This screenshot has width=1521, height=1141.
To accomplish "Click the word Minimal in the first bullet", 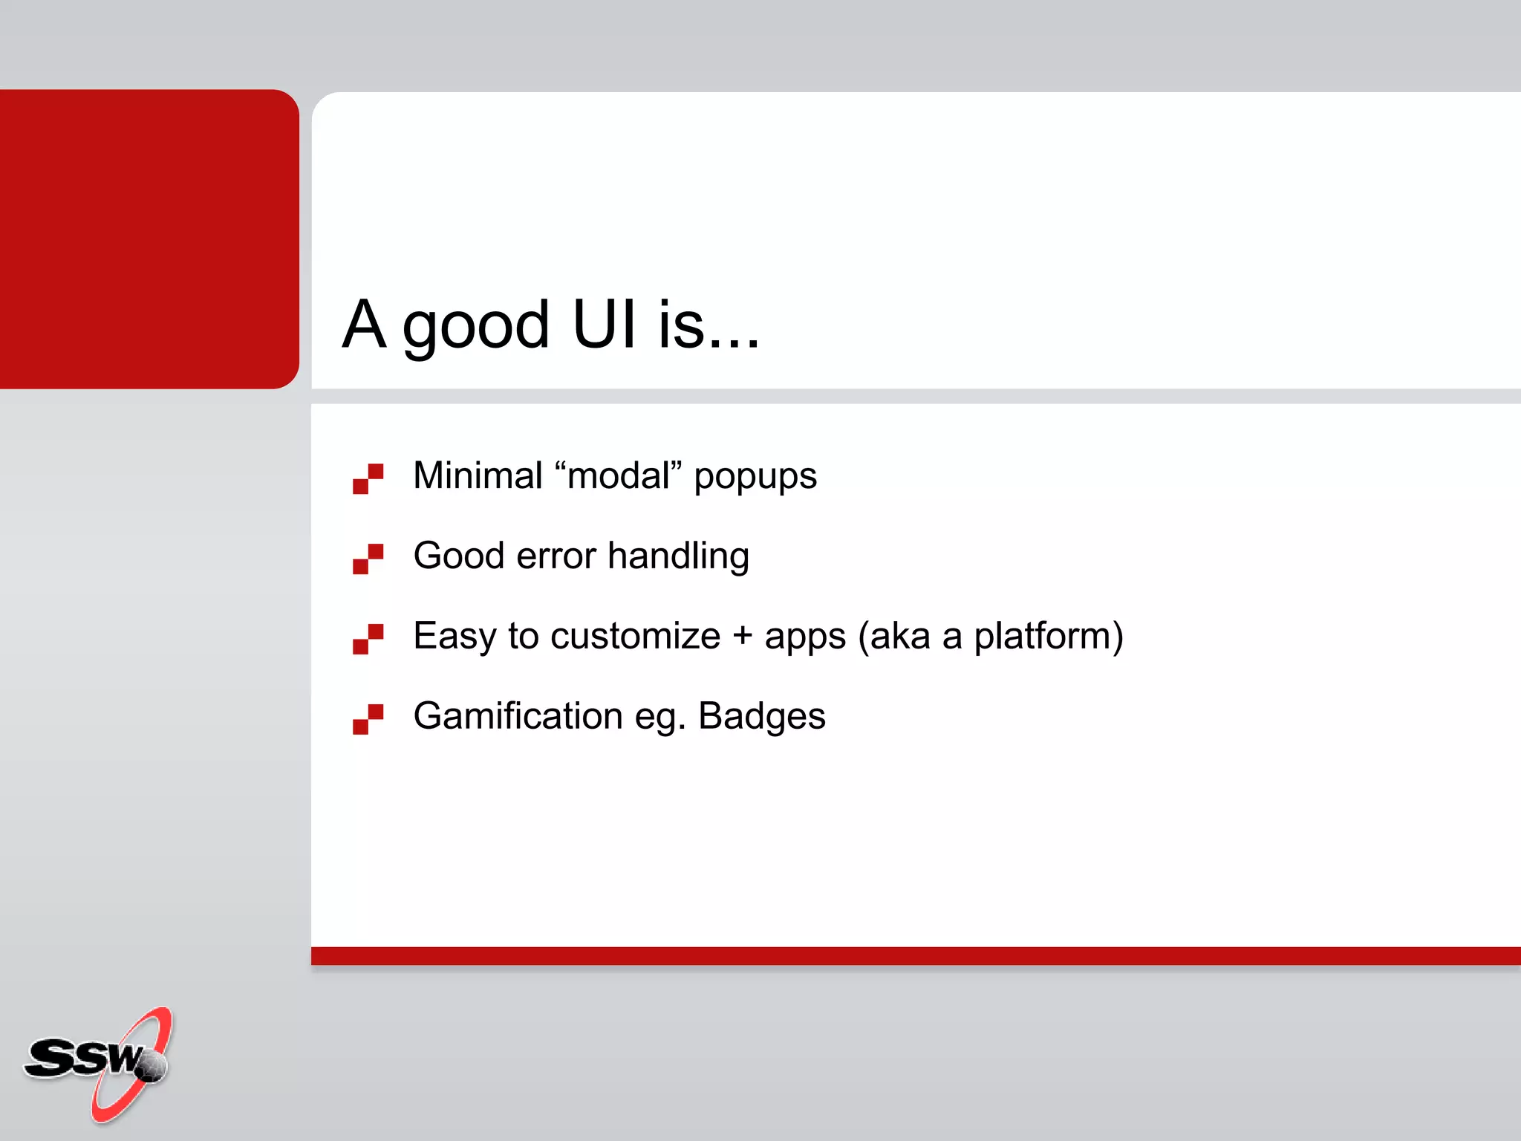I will coord(478,475).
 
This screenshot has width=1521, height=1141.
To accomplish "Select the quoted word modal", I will coord(619,475).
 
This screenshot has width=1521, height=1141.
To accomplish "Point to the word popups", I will coord(755,478).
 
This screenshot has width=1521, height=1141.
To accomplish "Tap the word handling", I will coord(678,557).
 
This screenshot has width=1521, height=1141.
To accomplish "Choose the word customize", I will coord(635,637).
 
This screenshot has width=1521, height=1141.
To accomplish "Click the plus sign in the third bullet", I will coord(742,637).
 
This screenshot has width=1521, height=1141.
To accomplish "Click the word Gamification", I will coord(518,716).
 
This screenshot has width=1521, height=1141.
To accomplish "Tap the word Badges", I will coord(761,718).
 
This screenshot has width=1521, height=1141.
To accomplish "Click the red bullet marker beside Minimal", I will coord(368,478).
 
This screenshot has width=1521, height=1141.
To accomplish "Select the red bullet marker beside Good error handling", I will coord(368,559).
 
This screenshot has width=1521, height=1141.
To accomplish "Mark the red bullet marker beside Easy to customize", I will coord(368,639).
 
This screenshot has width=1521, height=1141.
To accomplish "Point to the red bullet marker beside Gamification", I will coord(368,719).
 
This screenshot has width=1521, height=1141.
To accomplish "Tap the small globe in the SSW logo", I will coord(152,1067).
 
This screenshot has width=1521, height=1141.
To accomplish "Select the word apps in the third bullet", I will coord(805,639).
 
